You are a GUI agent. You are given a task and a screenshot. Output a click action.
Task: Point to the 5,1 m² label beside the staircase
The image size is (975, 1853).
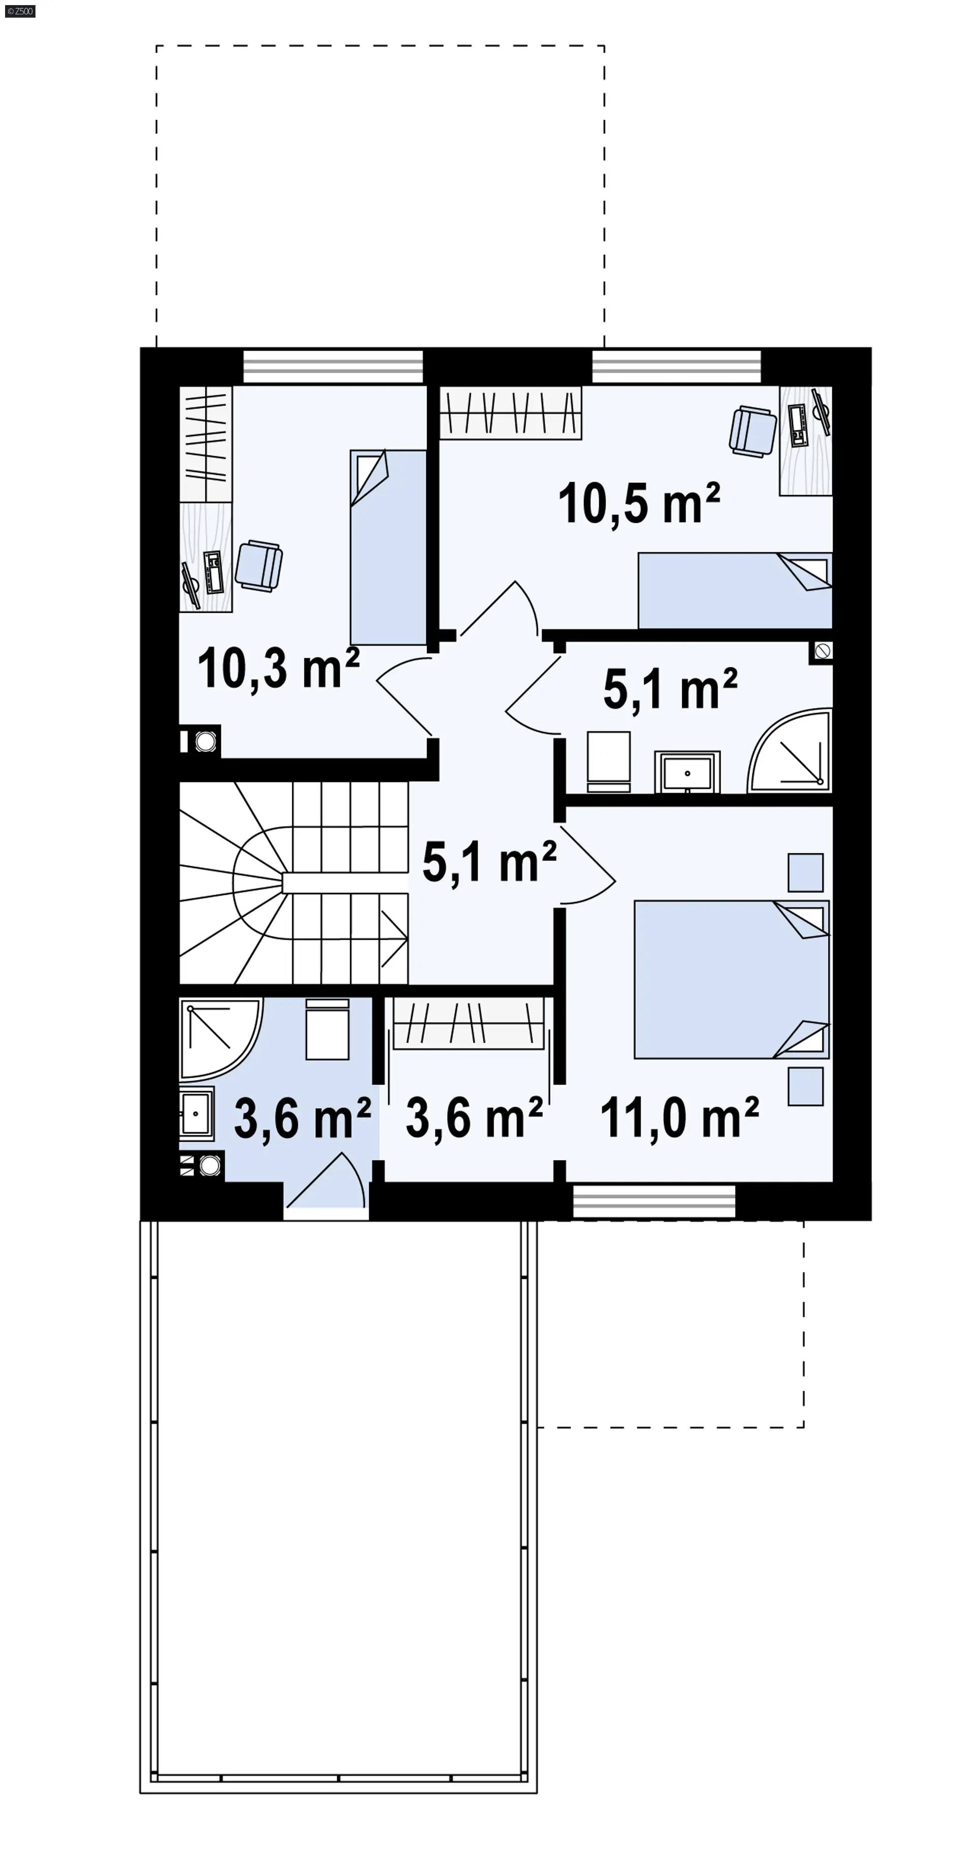point(489,862)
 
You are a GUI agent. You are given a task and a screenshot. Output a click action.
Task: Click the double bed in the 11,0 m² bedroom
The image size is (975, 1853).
point(731,979)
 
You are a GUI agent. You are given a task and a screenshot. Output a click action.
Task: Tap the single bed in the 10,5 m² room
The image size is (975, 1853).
point(735,590)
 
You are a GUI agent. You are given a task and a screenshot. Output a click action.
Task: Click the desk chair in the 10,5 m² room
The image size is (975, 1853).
point(752,431)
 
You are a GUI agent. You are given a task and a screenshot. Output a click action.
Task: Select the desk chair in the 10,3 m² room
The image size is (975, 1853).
point(259,566)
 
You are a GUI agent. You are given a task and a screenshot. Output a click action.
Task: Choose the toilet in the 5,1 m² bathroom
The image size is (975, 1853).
point(608,762)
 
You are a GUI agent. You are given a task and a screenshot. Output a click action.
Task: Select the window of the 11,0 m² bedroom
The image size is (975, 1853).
point(654,1201)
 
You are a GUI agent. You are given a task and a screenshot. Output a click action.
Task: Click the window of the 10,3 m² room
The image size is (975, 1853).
point(333,366)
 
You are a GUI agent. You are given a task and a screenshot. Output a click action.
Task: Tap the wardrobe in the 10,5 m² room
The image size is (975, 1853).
point(510,413)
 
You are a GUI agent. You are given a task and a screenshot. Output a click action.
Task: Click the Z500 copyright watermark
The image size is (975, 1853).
point(20,11)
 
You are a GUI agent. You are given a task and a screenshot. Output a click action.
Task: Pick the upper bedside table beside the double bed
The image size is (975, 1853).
point(805,872)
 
